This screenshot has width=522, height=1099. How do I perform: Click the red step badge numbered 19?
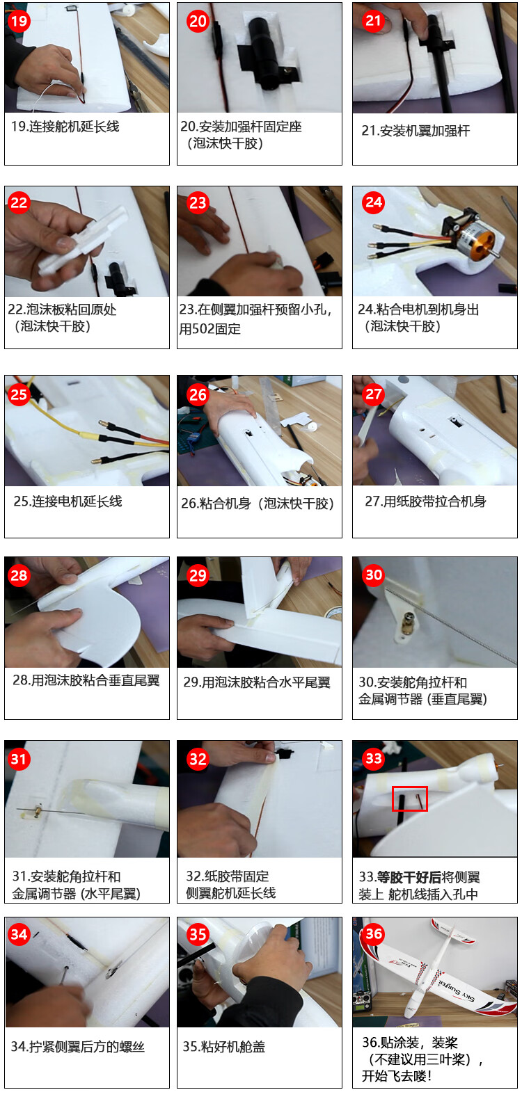[19, 21]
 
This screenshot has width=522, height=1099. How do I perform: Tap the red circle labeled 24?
[373, 202]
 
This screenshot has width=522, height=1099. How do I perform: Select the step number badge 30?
[373, 575]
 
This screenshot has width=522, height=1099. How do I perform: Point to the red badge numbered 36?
[373, 933]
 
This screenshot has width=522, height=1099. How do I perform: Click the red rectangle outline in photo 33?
[409, 799]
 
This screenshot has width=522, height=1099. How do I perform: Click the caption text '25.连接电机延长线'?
[68, 501]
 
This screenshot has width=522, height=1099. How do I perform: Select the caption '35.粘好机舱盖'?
[224, 1047]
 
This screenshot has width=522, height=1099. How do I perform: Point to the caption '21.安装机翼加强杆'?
[416, 131]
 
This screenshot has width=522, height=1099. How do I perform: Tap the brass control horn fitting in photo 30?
[408, 624]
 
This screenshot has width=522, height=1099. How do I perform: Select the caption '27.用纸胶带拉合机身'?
[425, 501]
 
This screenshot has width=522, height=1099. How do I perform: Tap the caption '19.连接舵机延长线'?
[65, 126]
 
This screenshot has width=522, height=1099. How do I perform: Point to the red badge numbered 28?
[19, 575]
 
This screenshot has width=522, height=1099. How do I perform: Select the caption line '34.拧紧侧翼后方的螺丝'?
[77, 1047]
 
